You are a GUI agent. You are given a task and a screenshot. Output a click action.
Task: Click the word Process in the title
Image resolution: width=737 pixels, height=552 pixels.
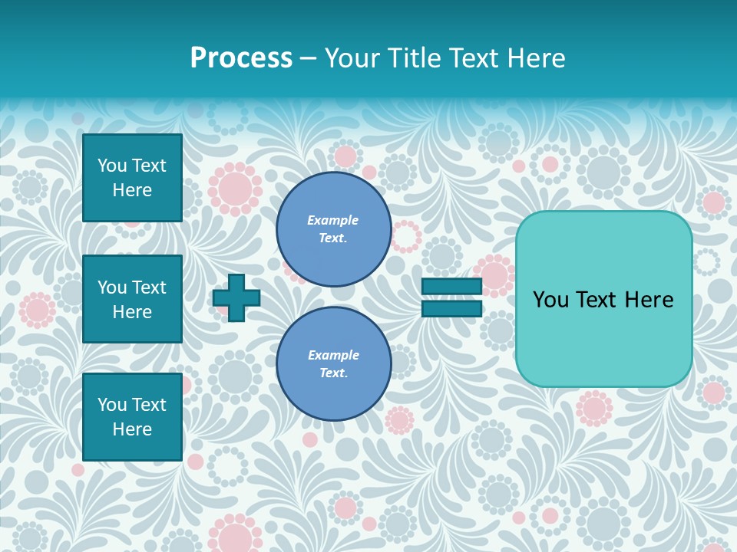point(241,58)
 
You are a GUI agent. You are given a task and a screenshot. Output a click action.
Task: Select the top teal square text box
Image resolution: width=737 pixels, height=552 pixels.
point(132,178)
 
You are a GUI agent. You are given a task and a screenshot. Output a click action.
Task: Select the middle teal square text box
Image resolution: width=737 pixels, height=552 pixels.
point(132,299)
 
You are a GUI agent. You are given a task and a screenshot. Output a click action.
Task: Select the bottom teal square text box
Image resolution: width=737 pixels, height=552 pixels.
point(132,416)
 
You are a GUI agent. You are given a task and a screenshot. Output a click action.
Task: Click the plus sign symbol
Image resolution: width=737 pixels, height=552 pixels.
point(236,297)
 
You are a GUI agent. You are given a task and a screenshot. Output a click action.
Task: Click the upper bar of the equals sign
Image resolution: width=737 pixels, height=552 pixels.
point(451,287)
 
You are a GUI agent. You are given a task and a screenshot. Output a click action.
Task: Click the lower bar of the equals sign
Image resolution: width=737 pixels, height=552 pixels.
point(451,309)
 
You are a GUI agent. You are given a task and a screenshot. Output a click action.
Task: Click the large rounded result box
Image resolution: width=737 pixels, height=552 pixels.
point(603,337)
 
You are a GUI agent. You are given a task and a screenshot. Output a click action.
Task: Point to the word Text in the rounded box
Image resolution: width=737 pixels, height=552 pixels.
point(600,300)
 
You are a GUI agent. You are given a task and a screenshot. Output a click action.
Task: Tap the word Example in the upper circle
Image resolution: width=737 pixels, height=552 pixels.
point(332,220)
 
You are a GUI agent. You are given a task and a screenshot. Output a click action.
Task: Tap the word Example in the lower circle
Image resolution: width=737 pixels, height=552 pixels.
point(333,355)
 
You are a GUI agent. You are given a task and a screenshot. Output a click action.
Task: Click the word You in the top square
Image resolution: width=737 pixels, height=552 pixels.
point(112,166)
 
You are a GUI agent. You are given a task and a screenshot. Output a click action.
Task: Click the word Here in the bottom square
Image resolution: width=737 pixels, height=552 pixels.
point(132,429)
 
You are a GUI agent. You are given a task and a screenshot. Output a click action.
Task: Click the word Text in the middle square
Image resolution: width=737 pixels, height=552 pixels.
point(149,287)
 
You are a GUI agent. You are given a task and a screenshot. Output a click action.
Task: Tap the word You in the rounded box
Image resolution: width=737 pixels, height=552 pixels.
point(550,300)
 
